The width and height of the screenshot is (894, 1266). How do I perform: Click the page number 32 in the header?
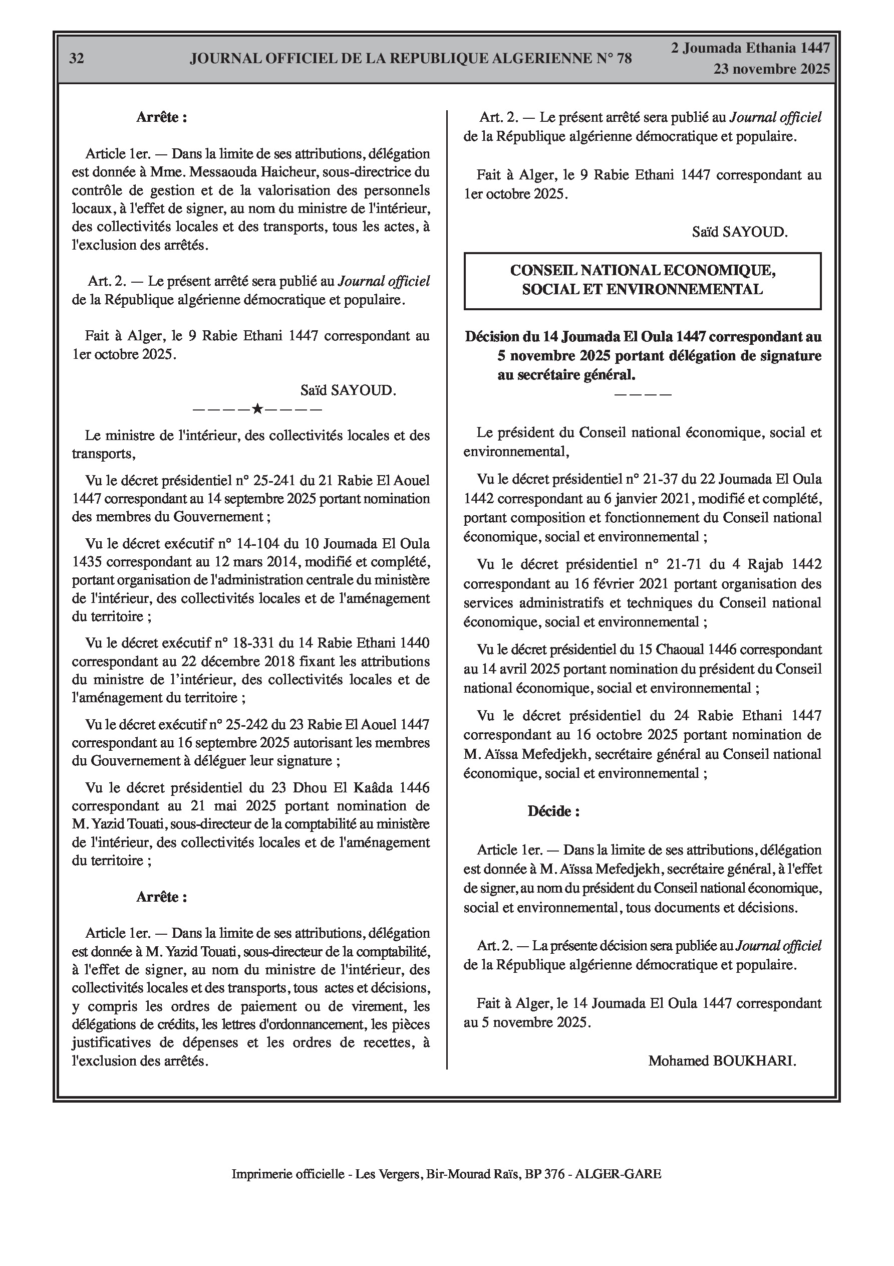77,59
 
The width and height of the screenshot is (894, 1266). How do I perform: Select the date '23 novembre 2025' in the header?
772,69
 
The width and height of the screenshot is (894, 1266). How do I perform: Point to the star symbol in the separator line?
257,409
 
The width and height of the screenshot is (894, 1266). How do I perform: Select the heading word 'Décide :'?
553,811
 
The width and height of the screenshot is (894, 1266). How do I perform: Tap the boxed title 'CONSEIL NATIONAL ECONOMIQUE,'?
643,270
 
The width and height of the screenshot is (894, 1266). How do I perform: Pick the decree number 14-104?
258,544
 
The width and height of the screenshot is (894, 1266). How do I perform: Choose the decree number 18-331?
258,643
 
